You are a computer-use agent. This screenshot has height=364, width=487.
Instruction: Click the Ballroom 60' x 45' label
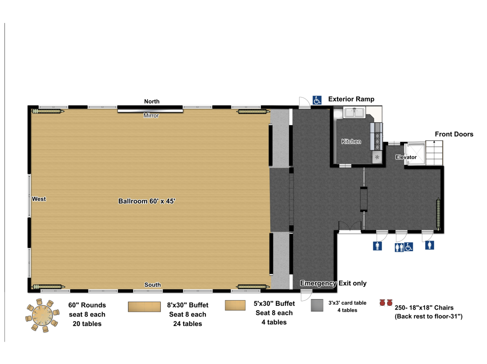click(147, 201)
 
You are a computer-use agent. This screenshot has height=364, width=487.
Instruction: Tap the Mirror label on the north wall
click(151, 116)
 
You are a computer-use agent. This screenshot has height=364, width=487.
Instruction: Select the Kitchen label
click(351, 141)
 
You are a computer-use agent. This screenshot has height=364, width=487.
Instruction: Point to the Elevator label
click(406, 157)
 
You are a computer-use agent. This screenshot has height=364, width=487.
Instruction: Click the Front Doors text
click(454, 134)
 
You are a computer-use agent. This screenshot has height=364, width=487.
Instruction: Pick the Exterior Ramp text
click(351, 99)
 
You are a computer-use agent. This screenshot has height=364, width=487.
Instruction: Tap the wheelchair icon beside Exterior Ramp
click(317, 100)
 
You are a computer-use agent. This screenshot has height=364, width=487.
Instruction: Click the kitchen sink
click(354, 112)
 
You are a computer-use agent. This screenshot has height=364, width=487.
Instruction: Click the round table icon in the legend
click(42, 315)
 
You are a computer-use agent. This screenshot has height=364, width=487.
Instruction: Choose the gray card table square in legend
click(317, 305)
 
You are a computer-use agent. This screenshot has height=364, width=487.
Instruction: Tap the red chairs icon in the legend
click(386, 303)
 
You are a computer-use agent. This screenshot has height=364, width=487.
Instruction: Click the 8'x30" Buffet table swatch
click(144, 307)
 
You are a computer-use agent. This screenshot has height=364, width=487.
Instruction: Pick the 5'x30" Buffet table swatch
click(235, 305)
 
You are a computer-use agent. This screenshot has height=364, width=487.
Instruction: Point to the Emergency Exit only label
click(333, 283)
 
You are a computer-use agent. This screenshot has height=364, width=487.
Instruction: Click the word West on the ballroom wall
click(39, 199)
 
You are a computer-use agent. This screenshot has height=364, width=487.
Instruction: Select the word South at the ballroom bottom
click(153, 285)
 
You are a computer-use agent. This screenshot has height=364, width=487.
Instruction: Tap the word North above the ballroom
click(152, 101)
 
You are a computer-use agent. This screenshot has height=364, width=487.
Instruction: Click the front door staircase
click(434, 153)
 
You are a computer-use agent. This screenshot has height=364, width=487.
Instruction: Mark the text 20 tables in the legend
click(87, 324)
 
